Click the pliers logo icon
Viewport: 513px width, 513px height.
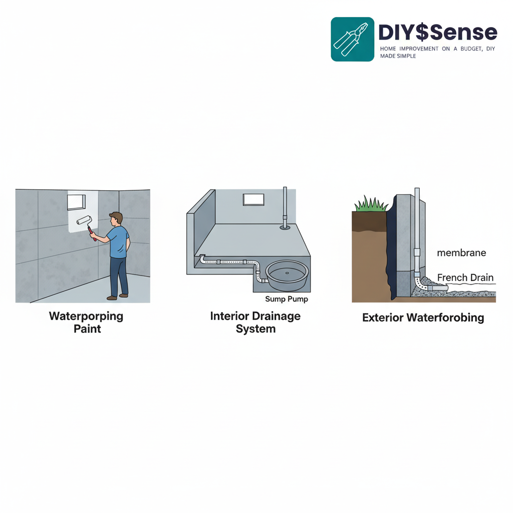(352, 39)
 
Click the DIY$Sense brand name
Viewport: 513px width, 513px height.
(437, 33)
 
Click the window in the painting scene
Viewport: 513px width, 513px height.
(77, 202)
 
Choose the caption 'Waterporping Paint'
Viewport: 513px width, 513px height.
(86, 323)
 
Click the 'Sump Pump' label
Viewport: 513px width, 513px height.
(286, 299)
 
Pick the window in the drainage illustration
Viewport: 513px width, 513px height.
(253, 199)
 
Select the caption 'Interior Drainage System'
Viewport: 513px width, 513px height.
(255, 323)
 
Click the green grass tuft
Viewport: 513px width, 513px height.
(371, 204)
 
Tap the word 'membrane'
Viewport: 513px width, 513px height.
(461, 253)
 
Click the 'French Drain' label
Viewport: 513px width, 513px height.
(465, 278)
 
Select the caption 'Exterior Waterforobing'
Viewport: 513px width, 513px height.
(423, 318)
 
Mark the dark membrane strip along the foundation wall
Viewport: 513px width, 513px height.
(390, 250)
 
